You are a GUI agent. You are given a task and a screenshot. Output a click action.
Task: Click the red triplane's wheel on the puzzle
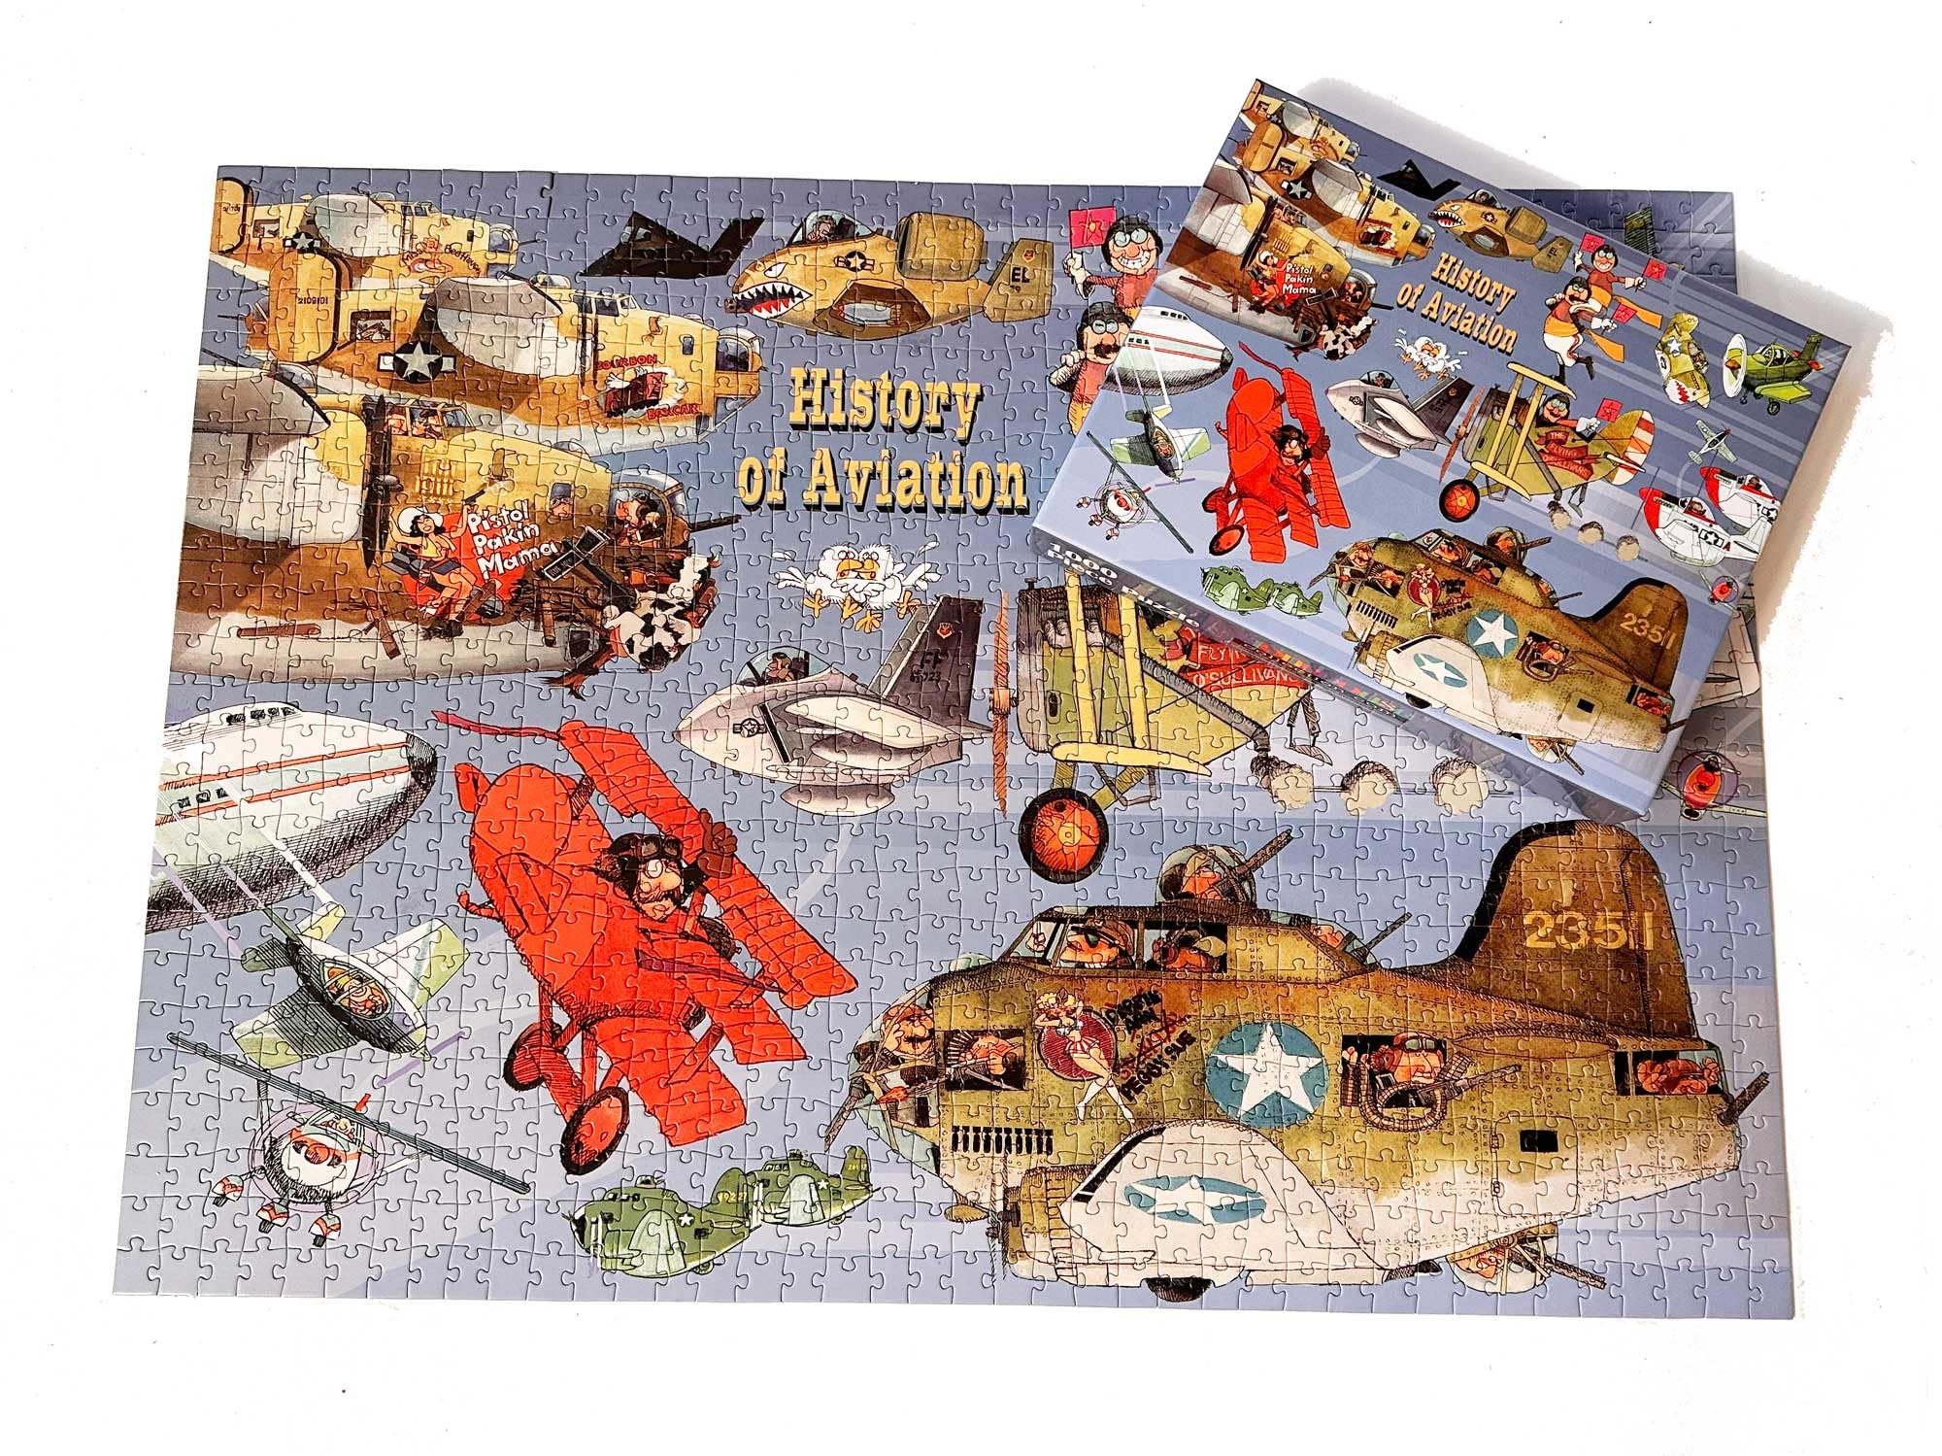[591, 1128]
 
